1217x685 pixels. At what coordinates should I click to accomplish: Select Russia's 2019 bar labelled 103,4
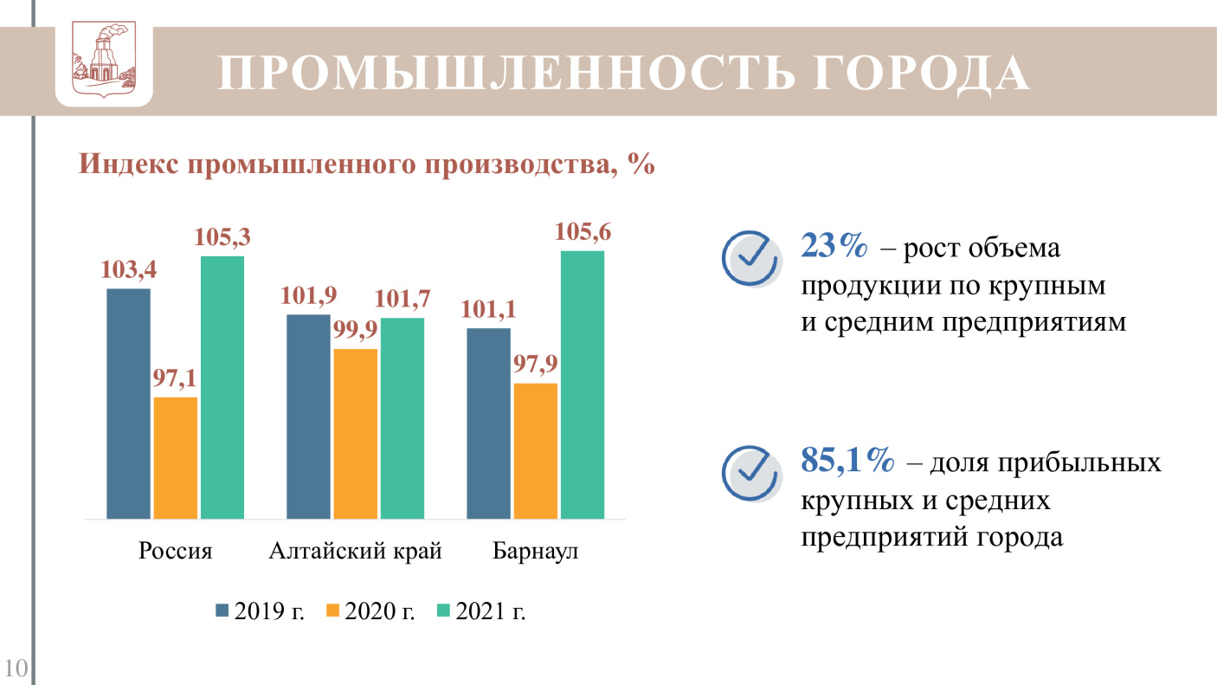click(128, 404)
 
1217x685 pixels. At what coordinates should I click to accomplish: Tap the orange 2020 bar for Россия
click(176, 458)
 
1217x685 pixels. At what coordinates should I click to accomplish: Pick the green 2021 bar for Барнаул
click(583, 385)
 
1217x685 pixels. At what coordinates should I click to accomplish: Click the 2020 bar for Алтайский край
click(355, 434)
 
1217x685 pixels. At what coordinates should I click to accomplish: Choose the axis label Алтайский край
click(356, 552)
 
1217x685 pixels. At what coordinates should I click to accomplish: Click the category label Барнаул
click(536, 552)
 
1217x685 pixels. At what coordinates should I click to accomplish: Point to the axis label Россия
click(176, 552)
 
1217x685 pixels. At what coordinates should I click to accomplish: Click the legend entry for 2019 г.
click(261, 611)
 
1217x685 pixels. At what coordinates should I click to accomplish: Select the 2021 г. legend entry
click(482, 611)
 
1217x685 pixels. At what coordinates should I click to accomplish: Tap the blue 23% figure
click(834, 247)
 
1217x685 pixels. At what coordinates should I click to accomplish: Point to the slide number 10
click(16, 668)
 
